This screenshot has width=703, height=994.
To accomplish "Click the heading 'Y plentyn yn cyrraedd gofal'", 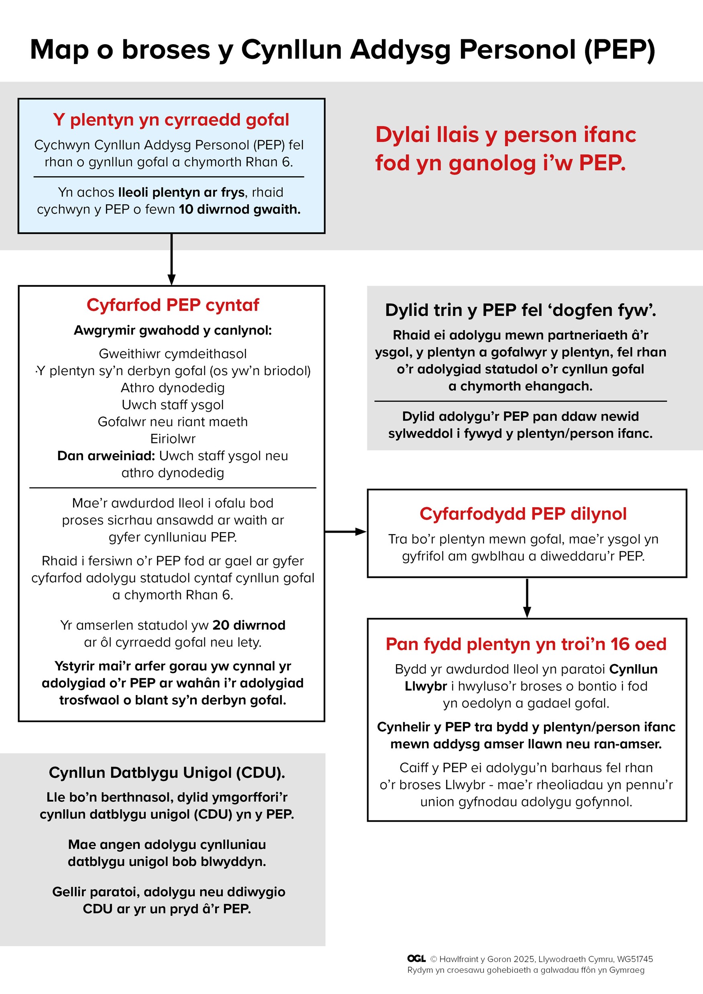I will (171, 120).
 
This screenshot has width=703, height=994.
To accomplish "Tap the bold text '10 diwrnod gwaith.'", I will (240, 209).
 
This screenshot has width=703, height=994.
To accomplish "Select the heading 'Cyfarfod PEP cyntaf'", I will (172, 305).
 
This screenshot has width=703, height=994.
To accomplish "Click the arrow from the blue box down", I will (171, 259).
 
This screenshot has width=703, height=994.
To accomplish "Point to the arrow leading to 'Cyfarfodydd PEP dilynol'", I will (346, 531).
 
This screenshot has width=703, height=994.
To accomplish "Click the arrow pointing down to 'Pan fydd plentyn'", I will (527, 598).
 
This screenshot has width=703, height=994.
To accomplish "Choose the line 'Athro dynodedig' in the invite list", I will (172, 388).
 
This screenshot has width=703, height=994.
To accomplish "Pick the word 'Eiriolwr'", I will (172, 439).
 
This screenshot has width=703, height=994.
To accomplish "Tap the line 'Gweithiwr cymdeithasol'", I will (172, 354).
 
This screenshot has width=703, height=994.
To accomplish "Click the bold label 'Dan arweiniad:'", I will (106, 455).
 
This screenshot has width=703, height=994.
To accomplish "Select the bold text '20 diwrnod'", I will (249, 625).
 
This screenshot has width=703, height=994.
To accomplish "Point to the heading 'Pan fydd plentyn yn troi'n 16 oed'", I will (526, 644).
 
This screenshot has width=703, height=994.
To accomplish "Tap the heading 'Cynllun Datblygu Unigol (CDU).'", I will (167, 772).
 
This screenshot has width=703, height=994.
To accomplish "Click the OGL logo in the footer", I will (416, 959).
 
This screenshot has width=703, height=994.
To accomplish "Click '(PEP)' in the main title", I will (619, 49).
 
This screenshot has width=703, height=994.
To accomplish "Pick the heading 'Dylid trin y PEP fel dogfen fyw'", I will (520, 310).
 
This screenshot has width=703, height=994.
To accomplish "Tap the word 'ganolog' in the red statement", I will (492, 163).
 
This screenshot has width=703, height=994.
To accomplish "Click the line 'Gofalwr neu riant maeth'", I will (172, 422).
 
